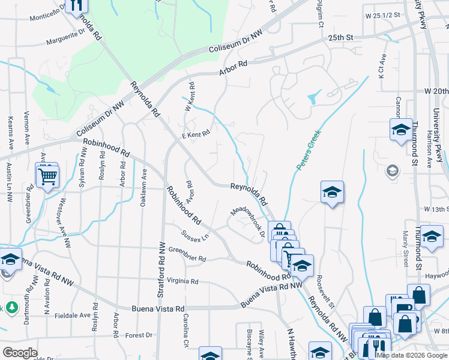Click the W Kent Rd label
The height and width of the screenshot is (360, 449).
point(190,97)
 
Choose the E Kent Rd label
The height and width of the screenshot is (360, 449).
point(195,135)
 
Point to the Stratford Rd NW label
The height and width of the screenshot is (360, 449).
point(161,269)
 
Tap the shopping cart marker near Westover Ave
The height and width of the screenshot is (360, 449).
point(47,176)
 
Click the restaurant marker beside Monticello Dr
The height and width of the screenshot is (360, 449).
point(76,4)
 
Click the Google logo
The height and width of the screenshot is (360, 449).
point(19,353)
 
